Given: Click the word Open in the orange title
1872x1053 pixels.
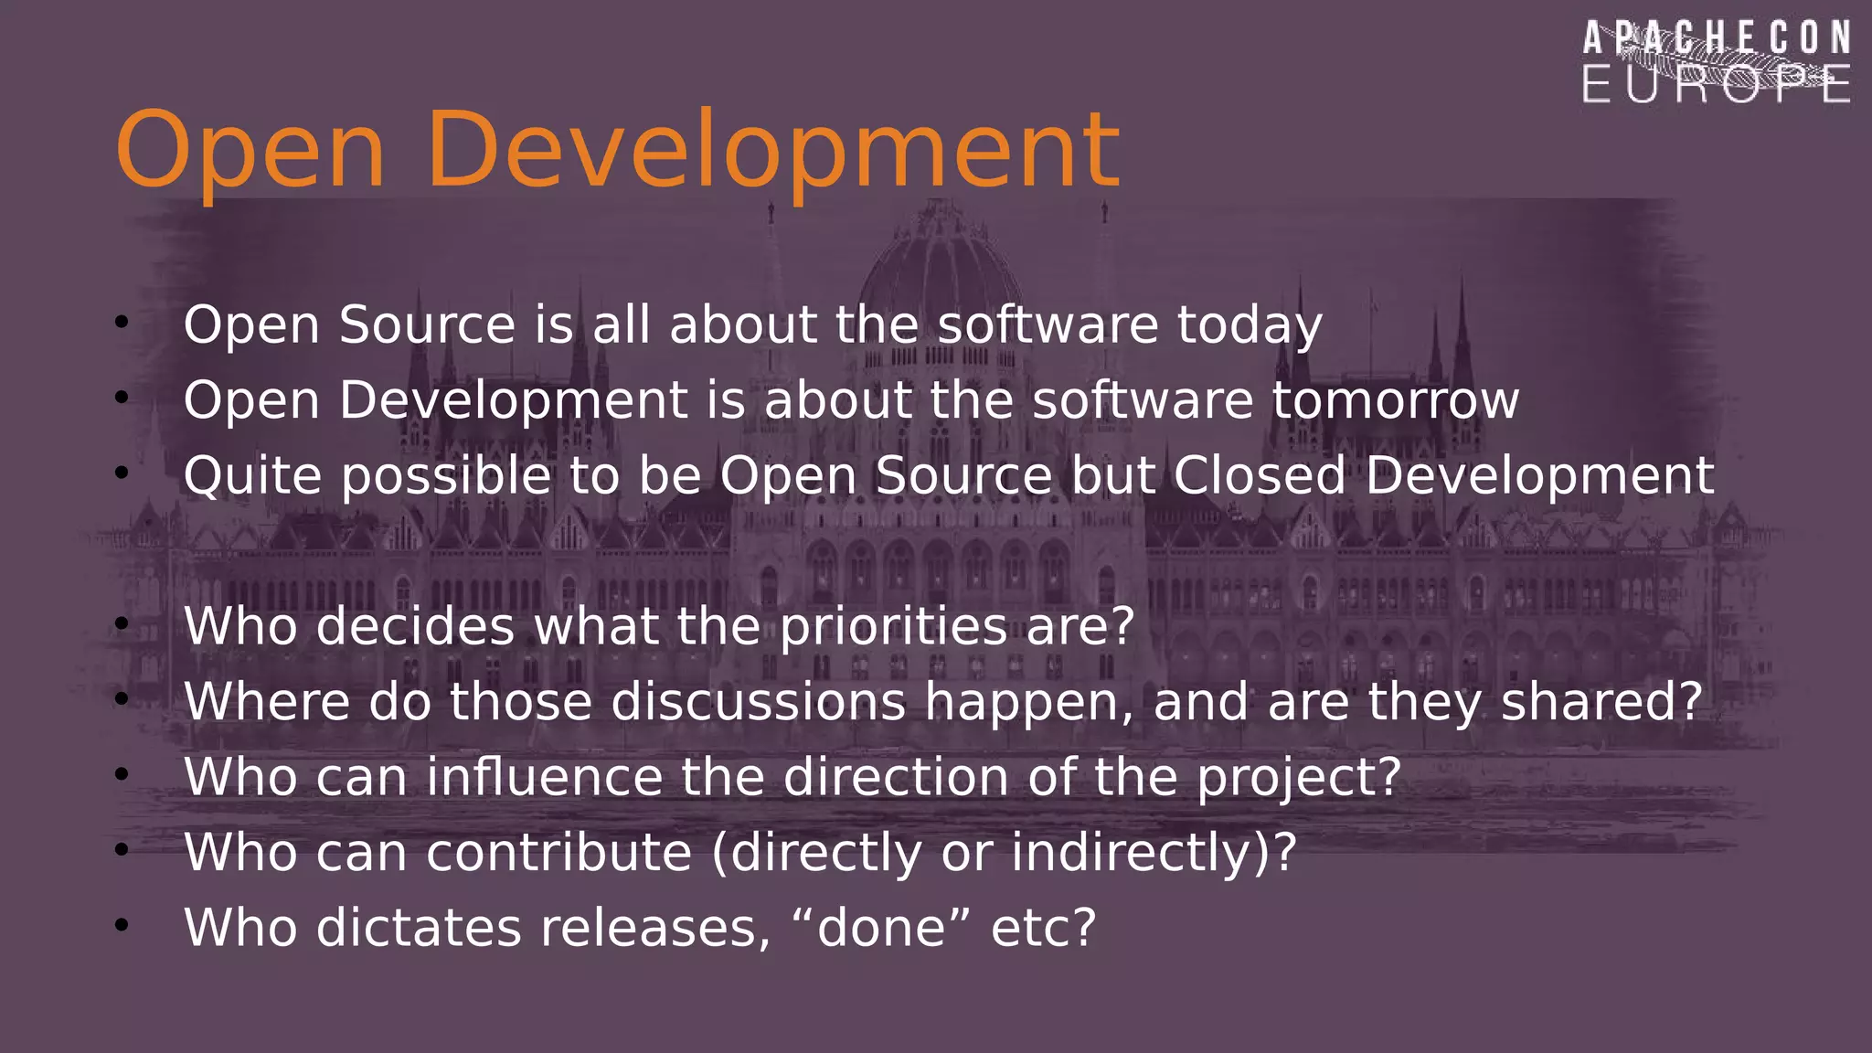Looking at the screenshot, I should pos(249,151).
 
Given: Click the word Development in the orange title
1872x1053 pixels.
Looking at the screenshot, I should pos(772,151).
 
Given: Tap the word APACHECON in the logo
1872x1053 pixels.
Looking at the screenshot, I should pos(1717,39).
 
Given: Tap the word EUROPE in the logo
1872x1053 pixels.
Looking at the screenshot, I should pos(1717,85).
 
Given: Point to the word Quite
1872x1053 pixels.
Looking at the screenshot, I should pos(252,477).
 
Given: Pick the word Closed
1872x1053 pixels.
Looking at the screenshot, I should pos(1260,476).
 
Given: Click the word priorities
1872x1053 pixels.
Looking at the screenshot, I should pos(893,628).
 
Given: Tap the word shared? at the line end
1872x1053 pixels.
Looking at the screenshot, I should pos(1601,702).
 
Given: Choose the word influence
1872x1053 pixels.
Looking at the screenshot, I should pos(545,778).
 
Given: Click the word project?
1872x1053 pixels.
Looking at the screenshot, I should pos(1299,778).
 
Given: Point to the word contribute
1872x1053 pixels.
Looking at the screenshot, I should pos(558,853).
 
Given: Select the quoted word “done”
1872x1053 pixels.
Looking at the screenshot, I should pos(881,929).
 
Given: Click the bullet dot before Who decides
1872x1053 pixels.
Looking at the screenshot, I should pos(122,624).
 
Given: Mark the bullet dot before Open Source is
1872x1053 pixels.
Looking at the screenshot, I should pos(122,322).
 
